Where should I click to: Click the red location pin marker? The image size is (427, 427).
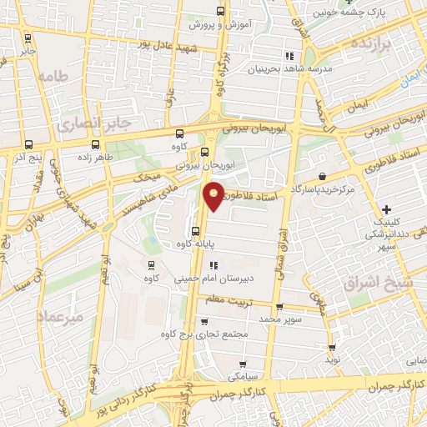pyautogui.click(x=215, y=196)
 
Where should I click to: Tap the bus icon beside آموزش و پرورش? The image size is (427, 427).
pyautogui.click(x=220, y=12)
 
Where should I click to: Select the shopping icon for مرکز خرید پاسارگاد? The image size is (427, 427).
pyautogui.click(x=323, y=177)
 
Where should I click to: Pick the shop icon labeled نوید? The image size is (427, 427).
pyautogui.click(x=333, y=347)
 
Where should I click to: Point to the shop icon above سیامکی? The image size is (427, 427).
pyautogui.click(x=243, y=363)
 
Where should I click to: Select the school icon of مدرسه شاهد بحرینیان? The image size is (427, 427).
pyautogui.click(x=289, y=56)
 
